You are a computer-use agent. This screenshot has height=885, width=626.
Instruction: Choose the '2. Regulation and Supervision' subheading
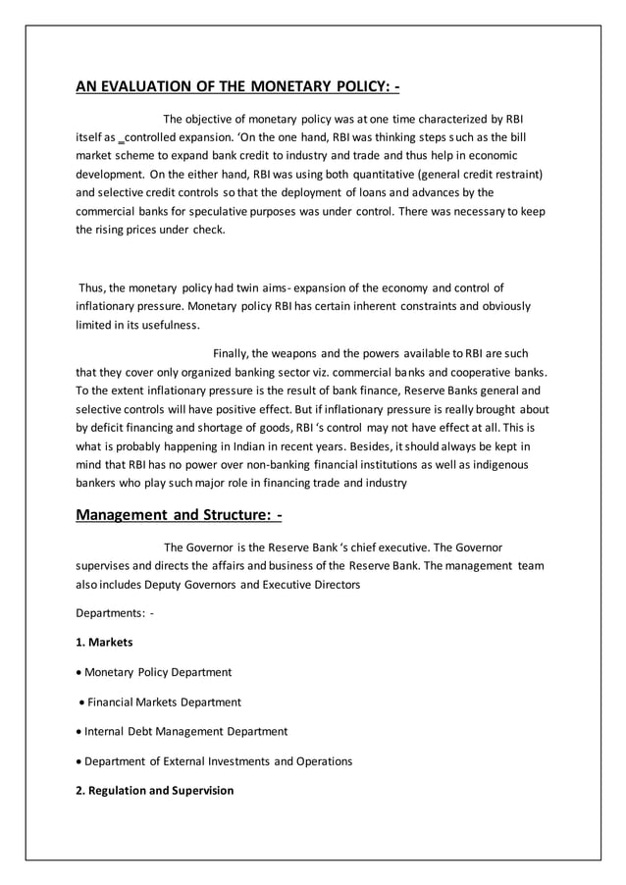pyautogui.click(x=155, y=790)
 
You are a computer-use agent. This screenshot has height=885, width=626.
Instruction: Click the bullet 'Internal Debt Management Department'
pyautogui.click(x=185, y=731)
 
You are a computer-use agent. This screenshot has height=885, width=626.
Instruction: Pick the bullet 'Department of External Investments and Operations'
pyautogui.click(x=218, y=760)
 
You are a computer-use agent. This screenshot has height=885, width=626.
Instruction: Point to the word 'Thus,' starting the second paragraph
pyautogui.click(x=92, y=287)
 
